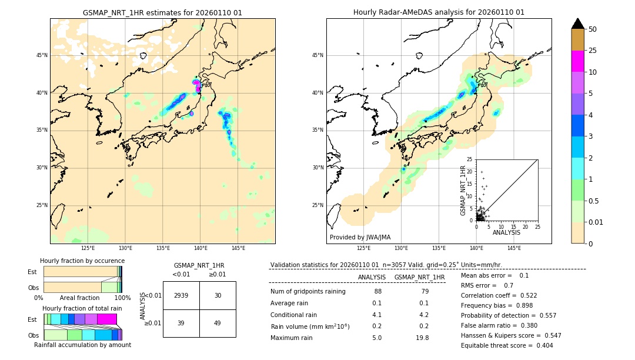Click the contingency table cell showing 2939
tap(181, 295)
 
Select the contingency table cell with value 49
tap(218, 323)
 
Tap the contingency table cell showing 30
tap(218, 295)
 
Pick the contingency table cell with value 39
tap(181, 323)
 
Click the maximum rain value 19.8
tap(422, 338)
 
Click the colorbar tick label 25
tap(593, 51)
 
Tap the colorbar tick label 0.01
tap(596, 222)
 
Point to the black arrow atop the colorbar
tap(578, 24)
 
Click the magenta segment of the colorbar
tap(578, 61)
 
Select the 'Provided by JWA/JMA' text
tap(360, 237)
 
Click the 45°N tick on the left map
tap(42, 55)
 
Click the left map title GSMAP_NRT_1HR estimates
tap(162, 12)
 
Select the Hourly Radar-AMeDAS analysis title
tap(439, 12)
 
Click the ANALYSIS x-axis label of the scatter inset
tap(506, 232)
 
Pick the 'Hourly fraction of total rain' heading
tap(82, 308)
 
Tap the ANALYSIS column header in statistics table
tap(372, 277)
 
